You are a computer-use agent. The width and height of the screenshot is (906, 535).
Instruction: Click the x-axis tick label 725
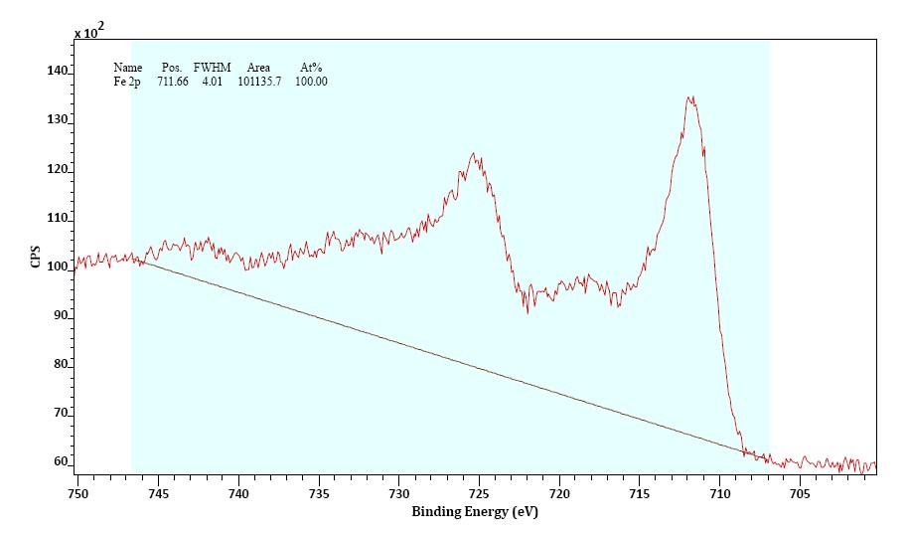(x=478, y=492)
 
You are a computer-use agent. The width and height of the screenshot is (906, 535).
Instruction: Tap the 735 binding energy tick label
(x=318, y=492)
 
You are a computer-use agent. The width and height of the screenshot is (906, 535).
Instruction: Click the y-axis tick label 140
(x=59, y=72)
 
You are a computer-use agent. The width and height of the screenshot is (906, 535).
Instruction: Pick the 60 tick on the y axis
(x=62, y=462)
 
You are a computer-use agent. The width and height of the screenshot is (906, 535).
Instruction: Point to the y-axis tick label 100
(x=59, y=267)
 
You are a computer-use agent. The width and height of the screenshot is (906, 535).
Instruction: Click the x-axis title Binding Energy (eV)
(x=477, y=512)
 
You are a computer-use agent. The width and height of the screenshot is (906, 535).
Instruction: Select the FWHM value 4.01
(x=212, y=82)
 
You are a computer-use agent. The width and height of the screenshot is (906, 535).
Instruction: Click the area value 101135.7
(x=259, y=82)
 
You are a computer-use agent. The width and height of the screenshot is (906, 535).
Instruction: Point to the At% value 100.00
(x=311, y=82)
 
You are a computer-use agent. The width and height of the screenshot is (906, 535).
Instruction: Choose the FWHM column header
(x=212, y=68)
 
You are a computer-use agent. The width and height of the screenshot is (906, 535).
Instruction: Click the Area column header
(x=258, y=68)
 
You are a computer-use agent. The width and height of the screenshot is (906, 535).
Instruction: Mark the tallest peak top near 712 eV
(x=690, y=97)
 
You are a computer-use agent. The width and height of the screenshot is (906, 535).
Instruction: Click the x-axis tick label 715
(x=639, y=492)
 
